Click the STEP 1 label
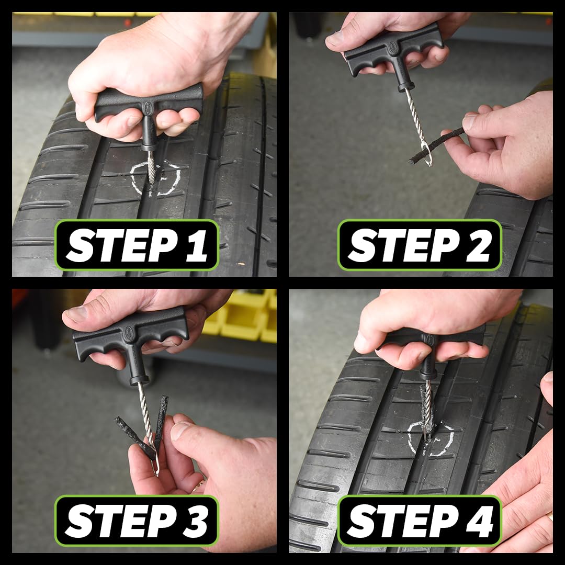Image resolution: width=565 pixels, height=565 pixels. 137,245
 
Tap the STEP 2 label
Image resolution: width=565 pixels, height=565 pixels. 420,245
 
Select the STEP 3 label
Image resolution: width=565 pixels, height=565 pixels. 137,521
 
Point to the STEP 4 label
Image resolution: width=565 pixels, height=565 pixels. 420,521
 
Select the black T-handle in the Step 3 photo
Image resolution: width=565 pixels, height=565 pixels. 131,335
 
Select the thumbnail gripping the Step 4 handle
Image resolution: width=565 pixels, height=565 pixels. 362,342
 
